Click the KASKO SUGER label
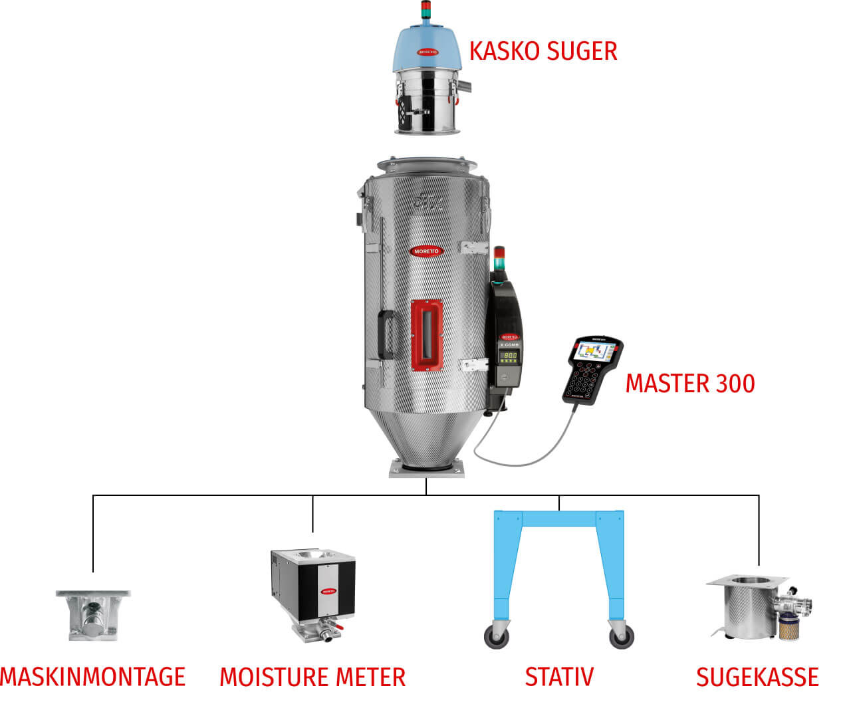click(x=543, y=51)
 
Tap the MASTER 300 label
click(x=690, y=384)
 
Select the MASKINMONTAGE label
click(x=92, y=677)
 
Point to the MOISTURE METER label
click(x=312, y=677)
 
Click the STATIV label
click(x=559, y=677)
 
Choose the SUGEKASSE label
click(x=757, y=677)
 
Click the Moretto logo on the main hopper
click(x=426, y=251)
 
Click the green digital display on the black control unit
click(x=509, y=356)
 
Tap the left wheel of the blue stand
click(x=497, y=637)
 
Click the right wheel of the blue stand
click(x=621, y=637)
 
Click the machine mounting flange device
click(x=92, y=615)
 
